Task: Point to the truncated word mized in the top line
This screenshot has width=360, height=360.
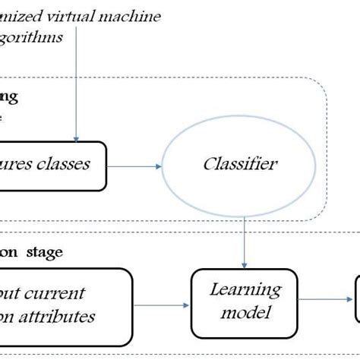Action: tap(20, 17)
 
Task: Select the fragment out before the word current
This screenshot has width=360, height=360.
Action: tap(12, 293)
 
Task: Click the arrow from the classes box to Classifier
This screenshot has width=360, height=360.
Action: tap(135, 166)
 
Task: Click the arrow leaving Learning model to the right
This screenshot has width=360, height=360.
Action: tap(327, 302)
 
